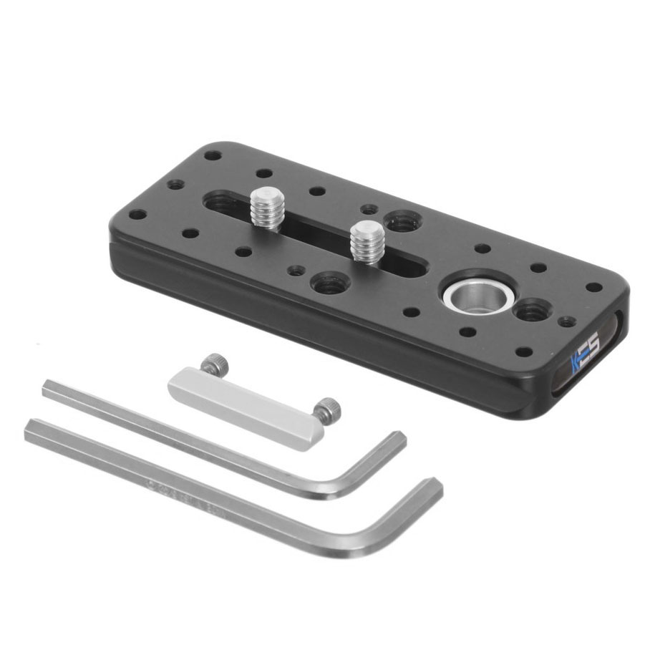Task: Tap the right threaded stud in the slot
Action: coord(366,242)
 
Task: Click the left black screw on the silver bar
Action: coord(213,366)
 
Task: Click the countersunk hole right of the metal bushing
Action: coord(530,311)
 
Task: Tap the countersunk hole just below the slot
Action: coord(330,283)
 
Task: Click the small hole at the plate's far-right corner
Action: coord(593,287)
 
